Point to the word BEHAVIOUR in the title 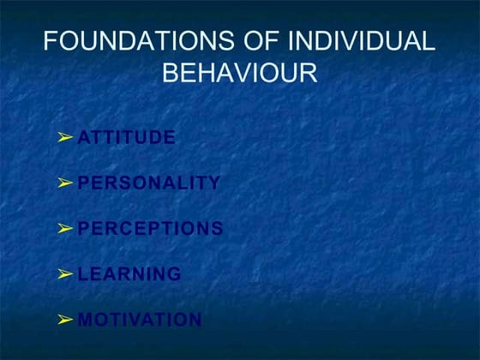[x=240, y=72]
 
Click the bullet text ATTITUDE [x=126, y=137]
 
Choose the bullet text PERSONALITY [x=148, y=183]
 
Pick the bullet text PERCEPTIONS [x=150, y=229]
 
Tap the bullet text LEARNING [x=129, y=274]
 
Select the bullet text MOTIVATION [x=140, y=321]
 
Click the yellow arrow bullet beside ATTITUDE [x=65, y=137]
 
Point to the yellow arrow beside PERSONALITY [x=65, y=183]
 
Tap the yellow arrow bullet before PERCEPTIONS [x=65, y=229]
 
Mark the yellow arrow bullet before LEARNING [x=65, y=274]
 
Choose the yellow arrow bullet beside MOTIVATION [x=65, y=321]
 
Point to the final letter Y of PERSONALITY [x=214, y=183]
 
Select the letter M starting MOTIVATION [x=85, y=321]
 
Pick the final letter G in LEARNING [x=174, y=274]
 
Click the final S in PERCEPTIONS [x=218, y=229]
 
